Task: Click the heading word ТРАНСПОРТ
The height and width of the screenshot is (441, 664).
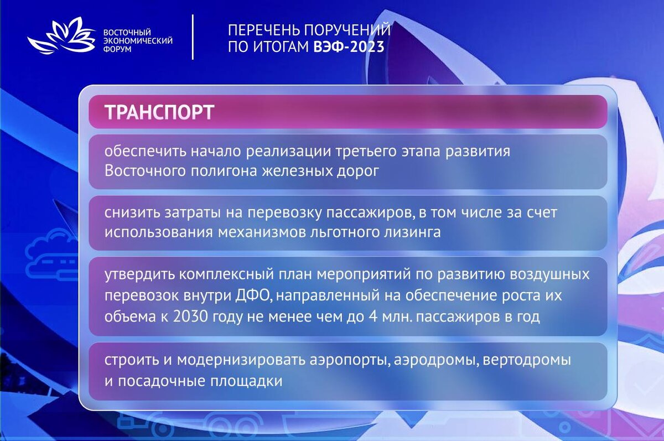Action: coord(159,112)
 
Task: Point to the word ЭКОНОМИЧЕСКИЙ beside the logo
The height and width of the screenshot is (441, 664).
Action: coord(138,41)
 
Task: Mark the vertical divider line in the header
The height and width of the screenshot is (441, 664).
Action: coord(193,37)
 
